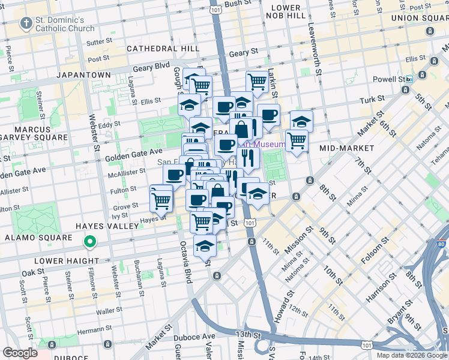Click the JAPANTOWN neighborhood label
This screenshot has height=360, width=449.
click(x=83, y=75)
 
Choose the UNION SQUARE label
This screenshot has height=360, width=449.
click(x=420, y=18)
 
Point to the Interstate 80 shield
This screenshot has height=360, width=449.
click(x=442, y=244)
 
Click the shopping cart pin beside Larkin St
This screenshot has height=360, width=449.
click(x=258, y=80)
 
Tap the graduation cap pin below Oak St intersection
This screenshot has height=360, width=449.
click(x=205, y=246)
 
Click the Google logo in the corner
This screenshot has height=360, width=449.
click(x=20, y=353)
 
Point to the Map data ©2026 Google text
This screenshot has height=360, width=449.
click(x=412, y=355)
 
